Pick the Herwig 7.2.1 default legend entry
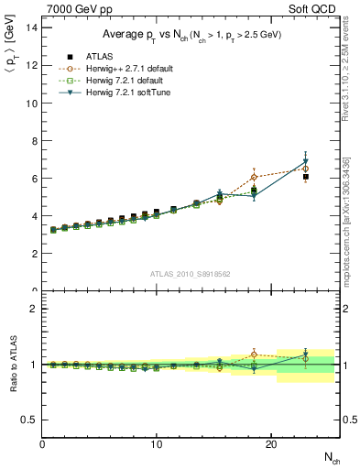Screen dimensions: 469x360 tap(118, 80)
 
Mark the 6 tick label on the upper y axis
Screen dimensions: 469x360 tap(34, 179)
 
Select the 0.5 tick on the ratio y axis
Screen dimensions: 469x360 tap(30, 420)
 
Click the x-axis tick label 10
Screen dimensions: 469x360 tap(157, 443)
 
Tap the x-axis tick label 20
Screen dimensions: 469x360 tap(270, 443)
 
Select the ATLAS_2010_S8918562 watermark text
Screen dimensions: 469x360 tap(191, 273)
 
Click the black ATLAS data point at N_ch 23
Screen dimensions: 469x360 tap(305, 177)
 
